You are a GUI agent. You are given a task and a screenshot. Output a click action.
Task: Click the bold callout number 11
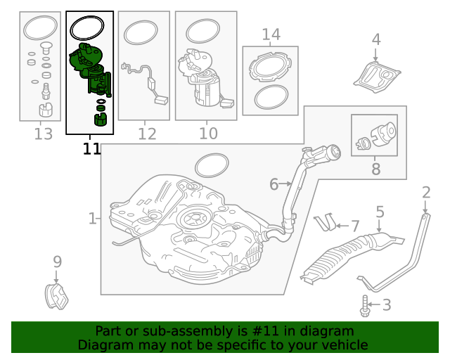pyautogui.click(x=91, y=148)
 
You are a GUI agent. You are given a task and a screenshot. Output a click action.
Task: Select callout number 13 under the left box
pyautogui.click(x=43, y=134)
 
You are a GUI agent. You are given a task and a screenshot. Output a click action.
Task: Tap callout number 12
pyautogui.click(x=147, y=134)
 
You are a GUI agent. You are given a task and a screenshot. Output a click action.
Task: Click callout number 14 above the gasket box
pyautogui.click(x=271, y=34)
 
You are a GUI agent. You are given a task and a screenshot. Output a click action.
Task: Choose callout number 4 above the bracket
pyautogui.click(x=376, y=39)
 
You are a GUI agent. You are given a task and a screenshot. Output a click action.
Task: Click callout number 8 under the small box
pyautogui.click(x=375, y=169)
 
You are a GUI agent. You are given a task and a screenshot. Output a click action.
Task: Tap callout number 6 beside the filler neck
pyautogui.click(x=274, y=184)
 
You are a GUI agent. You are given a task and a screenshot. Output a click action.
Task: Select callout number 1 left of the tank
pyautogui.click(x=92, y=219)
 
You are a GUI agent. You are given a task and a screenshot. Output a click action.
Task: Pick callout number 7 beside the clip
pyautogui.click(x=355, y=226)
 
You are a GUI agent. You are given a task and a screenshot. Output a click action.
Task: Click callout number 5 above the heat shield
pyautogui.click(x=380, y=212)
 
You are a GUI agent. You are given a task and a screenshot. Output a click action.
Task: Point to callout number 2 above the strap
pyautogui.click(x=426, y=192)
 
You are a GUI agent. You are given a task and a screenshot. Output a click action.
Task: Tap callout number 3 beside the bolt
pyautogui.click(x=386, y=304)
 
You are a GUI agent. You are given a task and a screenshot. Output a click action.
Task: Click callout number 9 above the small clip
pyautogui.click(x=58, y=262)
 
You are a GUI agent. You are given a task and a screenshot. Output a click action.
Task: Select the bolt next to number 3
pyautogui.click(x=365, y=304)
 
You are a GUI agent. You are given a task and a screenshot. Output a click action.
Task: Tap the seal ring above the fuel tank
pyautogui.click(x=211, y=166)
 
